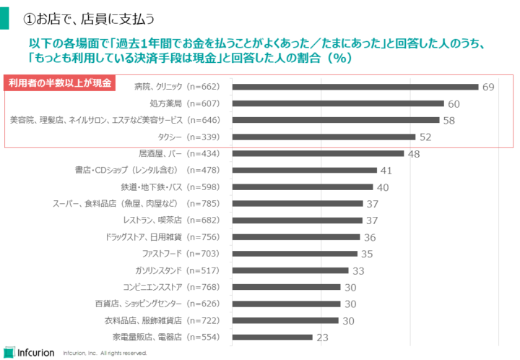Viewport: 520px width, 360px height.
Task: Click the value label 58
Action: [x=448, y=120]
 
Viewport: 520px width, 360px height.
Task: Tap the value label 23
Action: [x=322, y=337]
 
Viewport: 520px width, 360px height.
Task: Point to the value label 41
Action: [x=386, y=171]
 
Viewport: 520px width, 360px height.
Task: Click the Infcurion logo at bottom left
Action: [x=29, y=352]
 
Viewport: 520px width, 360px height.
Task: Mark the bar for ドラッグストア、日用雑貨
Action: [x=296, y=237]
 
